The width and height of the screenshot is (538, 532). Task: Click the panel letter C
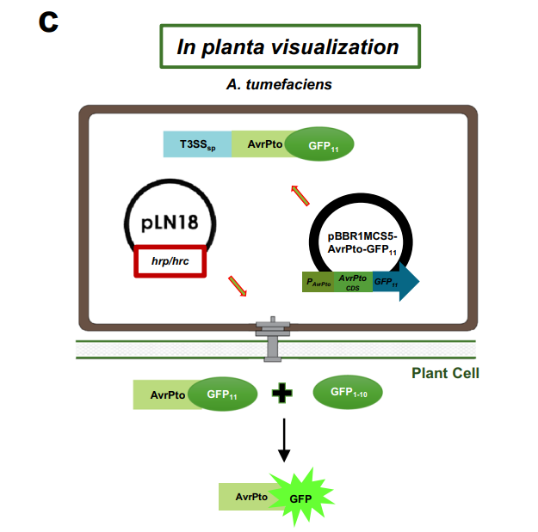pos(48,22)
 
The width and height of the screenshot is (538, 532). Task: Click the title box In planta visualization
pos(289,46)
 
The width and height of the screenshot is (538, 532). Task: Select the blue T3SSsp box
pos(197,144)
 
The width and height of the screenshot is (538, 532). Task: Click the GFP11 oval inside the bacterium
pos(320,144)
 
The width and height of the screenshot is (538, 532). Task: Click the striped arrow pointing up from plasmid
pos(300,195)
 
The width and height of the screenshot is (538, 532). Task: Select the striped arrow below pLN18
pos(237,286)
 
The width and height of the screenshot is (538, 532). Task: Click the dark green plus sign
pos(281,394)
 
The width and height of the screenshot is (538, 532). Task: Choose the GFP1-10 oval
pos(348,394)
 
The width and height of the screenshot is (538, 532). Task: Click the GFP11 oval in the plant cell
pos(221,394)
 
